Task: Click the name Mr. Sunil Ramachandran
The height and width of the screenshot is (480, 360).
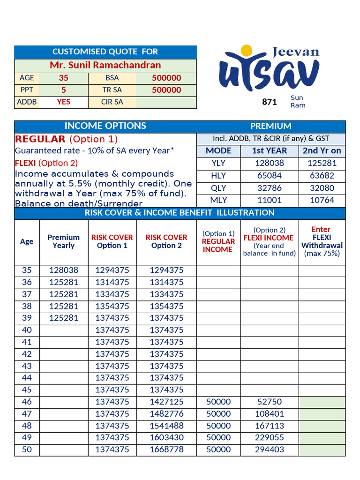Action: tap(105, 65)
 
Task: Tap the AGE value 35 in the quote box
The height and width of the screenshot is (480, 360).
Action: tap(63, 78)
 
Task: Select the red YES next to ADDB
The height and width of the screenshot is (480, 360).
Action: tap(63, 102)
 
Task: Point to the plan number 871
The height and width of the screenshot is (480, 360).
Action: tap(270, 102)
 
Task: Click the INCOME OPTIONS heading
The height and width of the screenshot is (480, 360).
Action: tap(105, 126)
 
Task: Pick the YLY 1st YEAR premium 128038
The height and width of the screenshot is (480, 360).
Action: tap(270, 163)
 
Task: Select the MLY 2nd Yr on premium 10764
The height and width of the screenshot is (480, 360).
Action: tap(322, 200)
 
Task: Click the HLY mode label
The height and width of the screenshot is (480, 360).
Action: tap(218, 175)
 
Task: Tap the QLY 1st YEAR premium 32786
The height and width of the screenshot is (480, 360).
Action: tap(270, 187)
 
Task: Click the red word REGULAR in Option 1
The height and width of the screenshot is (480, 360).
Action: tap(40, 139)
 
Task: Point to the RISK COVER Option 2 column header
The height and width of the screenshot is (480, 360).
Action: tap(166, 241)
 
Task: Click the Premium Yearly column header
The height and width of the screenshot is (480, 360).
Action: tap(64, 241)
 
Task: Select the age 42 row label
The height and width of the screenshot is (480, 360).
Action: tap(27, 354)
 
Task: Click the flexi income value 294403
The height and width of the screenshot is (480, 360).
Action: tap(270, 450)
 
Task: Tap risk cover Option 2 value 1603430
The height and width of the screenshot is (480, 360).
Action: tap(166, 437)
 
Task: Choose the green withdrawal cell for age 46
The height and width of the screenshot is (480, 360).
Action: tap(322, 402)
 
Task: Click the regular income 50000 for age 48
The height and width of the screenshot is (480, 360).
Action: tap(218, 426)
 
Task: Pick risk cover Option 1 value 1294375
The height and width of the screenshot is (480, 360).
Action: tap(112, 270)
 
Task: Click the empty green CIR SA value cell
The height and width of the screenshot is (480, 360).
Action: tap(166, 102)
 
